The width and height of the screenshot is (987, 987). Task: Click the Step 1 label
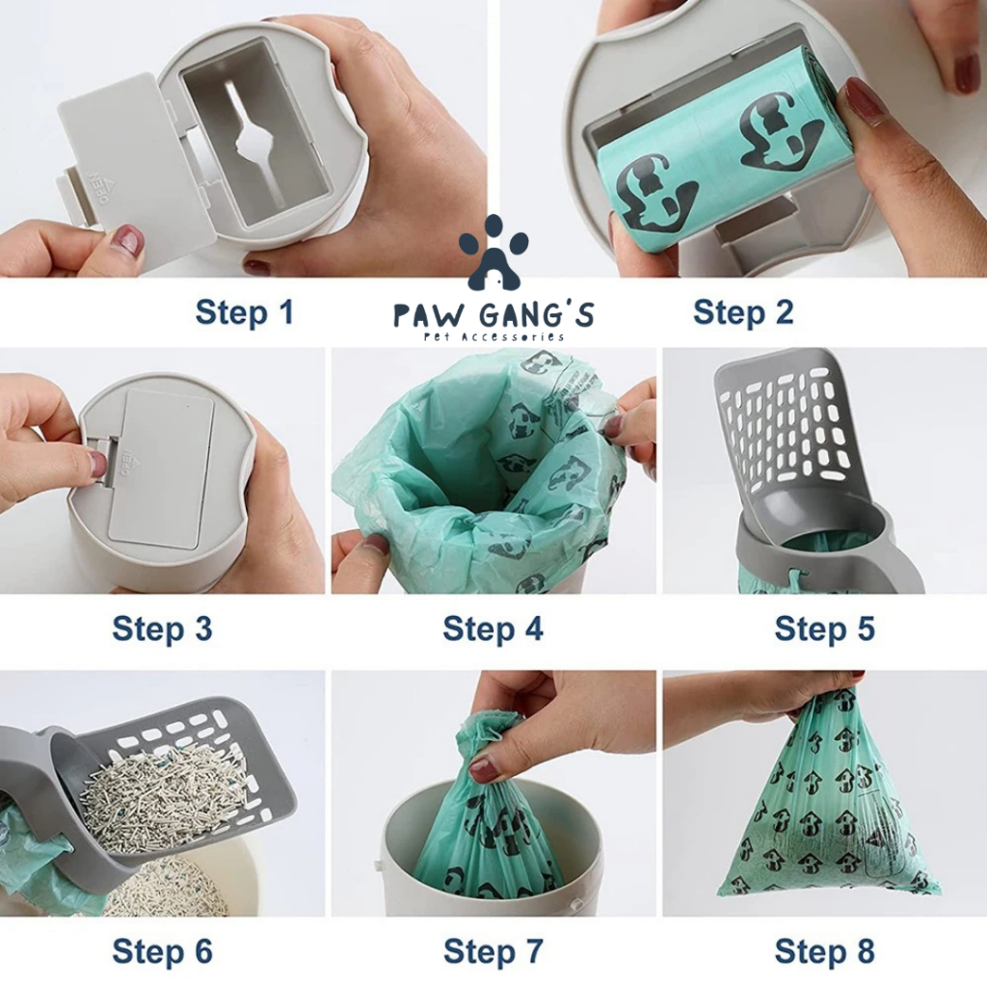[x=244, y=312]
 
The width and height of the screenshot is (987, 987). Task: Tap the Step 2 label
[x=743, y=312]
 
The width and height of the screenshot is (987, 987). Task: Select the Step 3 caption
[x=162, y=628]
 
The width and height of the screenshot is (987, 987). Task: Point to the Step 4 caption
[x=493, y=628]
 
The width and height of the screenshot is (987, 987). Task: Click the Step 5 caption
[x=825, y=628]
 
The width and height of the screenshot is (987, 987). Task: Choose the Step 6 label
[x=162, y=951]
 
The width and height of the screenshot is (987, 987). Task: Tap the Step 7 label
[x=493, y=951]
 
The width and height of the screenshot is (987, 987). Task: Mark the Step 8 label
[x=825, y=951]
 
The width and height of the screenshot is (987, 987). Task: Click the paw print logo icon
[x=493, y=252]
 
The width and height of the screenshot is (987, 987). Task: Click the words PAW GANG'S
[x=493, y=314]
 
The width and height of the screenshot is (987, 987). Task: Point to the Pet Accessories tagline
[x=493, y=336]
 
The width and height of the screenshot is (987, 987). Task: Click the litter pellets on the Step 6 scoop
[x=167, y=799]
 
